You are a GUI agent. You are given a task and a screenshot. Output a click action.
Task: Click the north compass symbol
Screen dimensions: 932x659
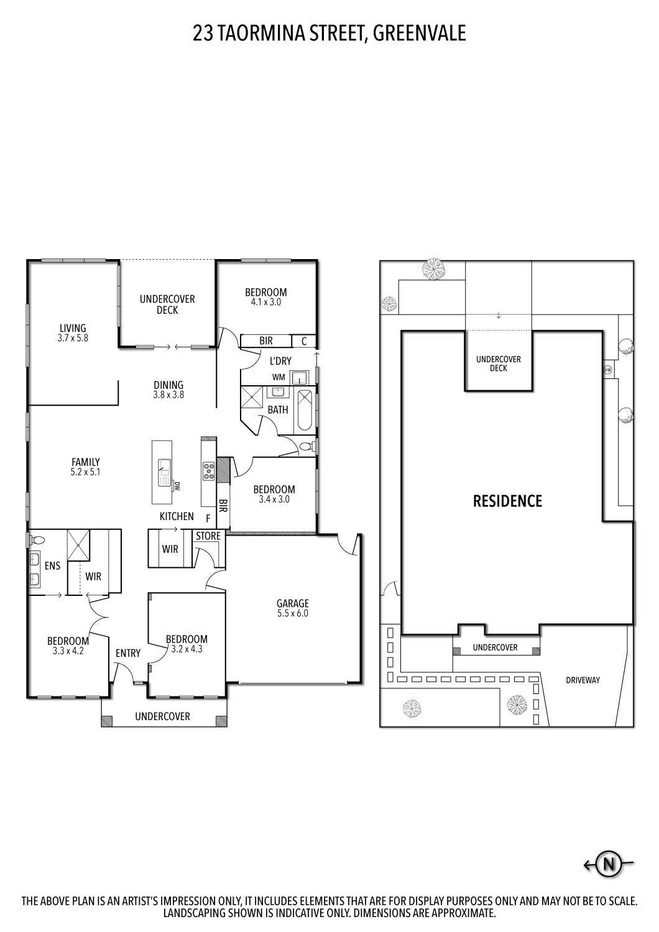(609, 864)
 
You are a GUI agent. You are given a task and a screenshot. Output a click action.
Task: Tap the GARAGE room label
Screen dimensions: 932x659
(293, 603)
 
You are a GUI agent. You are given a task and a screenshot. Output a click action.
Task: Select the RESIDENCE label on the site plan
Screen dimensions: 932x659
(507, 501)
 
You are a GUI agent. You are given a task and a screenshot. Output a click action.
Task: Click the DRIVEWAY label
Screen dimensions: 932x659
(583, 680)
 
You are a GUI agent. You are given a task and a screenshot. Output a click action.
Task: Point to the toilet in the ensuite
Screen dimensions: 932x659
(37, 540)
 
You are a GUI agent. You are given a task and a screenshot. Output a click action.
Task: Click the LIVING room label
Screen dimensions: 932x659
(73, 328)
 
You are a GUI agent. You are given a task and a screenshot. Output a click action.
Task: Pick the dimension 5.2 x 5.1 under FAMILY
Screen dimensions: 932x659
(86, 472)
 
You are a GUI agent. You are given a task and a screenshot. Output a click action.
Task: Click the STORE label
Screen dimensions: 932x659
(208, 536)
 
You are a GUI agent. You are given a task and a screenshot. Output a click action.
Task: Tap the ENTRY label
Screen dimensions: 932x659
(128, 653)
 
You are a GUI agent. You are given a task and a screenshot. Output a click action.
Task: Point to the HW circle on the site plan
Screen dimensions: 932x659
(607, 370)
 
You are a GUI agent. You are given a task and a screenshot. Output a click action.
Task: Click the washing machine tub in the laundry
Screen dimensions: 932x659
(300, 377)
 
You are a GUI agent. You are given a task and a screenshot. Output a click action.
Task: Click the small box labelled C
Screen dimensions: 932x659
(304, 340)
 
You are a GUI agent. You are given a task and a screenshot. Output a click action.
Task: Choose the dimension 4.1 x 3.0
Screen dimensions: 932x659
(265, 302)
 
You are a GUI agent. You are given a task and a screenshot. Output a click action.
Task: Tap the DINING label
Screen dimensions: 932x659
(168, 385)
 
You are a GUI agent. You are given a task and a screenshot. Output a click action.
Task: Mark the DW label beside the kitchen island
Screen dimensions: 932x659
(177, 485)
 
